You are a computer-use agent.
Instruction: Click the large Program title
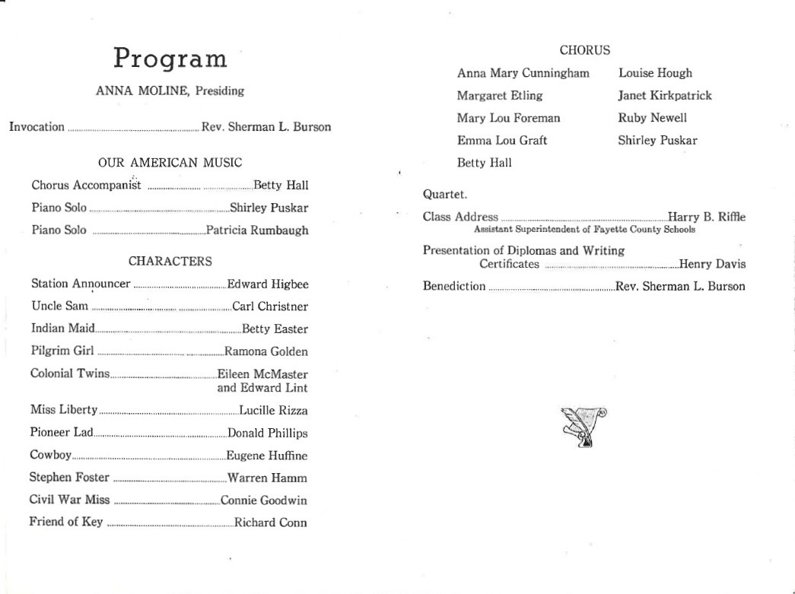(x=170, y=58)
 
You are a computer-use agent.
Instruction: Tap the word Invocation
(x=37, y=127)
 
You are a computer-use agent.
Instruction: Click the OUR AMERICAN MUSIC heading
(x=170, y=163)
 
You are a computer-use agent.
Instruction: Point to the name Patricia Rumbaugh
(x=257, y=230)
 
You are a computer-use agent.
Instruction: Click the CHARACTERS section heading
(x=170, y=262)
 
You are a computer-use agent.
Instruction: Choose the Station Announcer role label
(x=81, y=284)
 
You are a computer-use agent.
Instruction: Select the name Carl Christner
(x=270, y=307)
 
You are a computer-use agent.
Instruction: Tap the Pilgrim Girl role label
(x=62, y=351)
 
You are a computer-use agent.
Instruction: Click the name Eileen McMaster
(x=262, y=374)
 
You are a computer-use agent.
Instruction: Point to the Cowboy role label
(x=50, y=456)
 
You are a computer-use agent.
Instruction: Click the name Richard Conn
(x=271, y=523)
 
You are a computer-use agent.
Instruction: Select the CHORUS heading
(x=584, y=51)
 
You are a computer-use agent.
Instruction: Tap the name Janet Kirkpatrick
(x=665, y=96)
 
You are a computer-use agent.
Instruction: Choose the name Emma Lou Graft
(x=502, y=141)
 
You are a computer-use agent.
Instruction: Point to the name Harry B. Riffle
(x=706, y=218)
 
